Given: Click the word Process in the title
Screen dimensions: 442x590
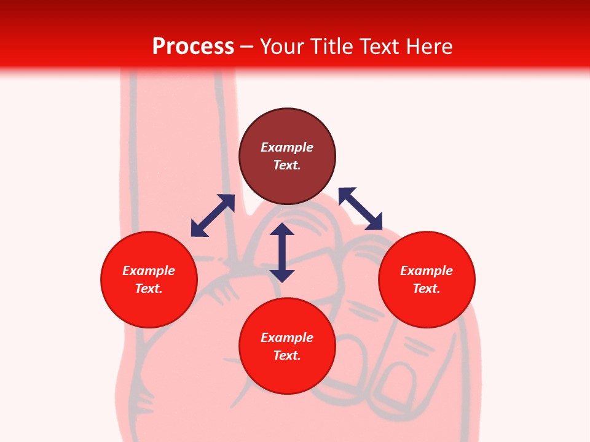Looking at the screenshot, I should [193, 47].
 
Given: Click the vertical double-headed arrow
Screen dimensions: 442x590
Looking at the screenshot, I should [282, 252].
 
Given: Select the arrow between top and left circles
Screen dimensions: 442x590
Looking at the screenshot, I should [213, 215].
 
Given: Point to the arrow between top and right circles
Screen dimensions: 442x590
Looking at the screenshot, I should [360, 209].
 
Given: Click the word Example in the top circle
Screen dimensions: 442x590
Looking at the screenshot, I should [287, 147].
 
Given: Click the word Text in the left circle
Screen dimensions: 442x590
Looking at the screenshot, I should [148, 289].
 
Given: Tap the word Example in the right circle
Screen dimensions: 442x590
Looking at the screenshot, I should [427, 271].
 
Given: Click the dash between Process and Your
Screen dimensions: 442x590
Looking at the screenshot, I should [247, 47].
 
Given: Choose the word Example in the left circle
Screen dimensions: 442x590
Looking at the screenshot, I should [149, 271].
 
